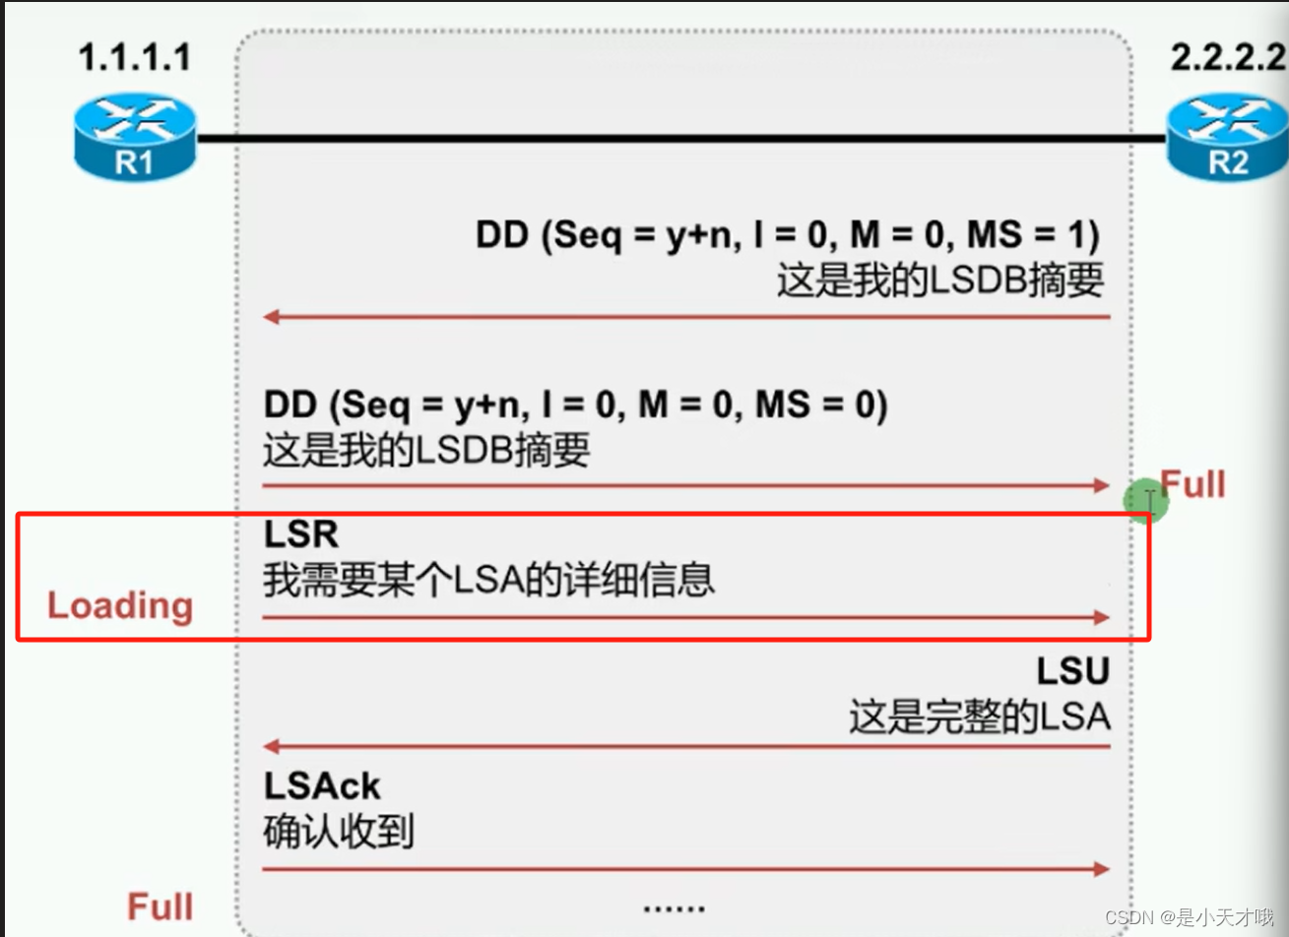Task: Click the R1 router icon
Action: [x=135, y=137]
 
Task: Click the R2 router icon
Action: [x=1227, y=137]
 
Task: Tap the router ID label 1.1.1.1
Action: [x=135, y=57]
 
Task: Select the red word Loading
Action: [x=120, y=605]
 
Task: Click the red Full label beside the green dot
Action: [x=1193, y=484]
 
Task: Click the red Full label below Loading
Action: [x=160, y=906]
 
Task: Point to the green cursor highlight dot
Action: [x=1146, y=501]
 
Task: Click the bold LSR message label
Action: [x=301, y=534]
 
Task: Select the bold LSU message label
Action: [x=1072, y=671]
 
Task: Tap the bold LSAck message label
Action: [x=322, y=785]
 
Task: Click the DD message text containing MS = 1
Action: [x=787, y=235]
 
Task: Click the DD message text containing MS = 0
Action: [x=575, y=405]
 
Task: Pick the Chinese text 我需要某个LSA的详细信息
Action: [x=488, y=580]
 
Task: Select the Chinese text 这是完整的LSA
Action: [x=979, y=717]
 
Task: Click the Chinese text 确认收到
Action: [x=338, y=833]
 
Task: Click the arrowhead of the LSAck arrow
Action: [x=1101, y=869]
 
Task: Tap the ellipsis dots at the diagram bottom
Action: [x=674, y=907]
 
